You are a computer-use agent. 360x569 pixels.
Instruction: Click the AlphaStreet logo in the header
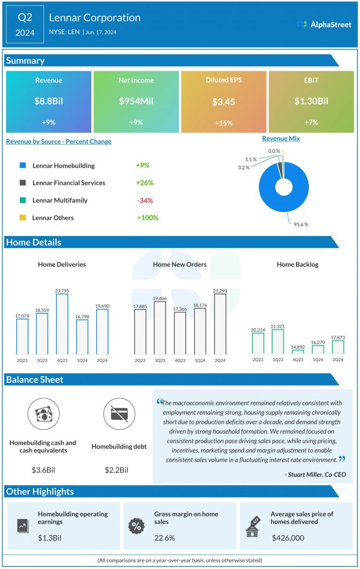coord(324,24)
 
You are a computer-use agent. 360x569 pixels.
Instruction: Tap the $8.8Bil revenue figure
coord(48,101)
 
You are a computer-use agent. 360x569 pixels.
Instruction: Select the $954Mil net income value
coord(136,101)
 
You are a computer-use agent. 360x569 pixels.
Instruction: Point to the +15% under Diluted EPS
coord(224,122)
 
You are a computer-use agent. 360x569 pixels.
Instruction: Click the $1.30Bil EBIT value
coord(311,101)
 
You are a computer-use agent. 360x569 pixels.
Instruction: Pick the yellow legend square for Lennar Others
coord(22,218)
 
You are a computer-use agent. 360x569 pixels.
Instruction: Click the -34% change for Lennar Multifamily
coord(145,200)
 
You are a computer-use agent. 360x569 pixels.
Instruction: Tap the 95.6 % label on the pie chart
coord(300,224)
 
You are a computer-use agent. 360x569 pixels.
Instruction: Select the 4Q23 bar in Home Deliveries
coord(62,324)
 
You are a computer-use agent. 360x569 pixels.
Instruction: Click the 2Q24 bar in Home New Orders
coord(220,324)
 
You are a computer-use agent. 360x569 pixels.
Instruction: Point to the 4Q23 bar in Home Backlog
coord(298,349)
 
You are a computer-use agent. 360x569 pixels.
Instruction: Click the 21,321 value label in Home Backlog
coord(277,326)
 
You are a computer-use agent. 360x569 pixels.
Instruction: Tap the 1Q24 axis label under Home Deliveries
coord(82,360)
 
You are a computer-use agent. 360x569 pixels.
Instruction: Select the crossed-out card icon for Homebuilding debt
coord(119,414)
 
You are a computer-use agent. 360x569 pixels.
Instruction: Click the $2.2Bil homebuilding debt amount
coord(117,470)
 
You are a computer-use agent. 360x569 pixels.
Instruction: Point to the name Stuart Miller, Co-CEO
coord(315,475)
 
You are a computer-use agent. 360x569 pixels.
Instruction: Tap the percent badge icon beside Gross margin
coord(136,526)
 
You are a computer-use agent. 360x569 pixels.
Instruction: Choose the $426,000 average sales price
coord(288,538)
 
